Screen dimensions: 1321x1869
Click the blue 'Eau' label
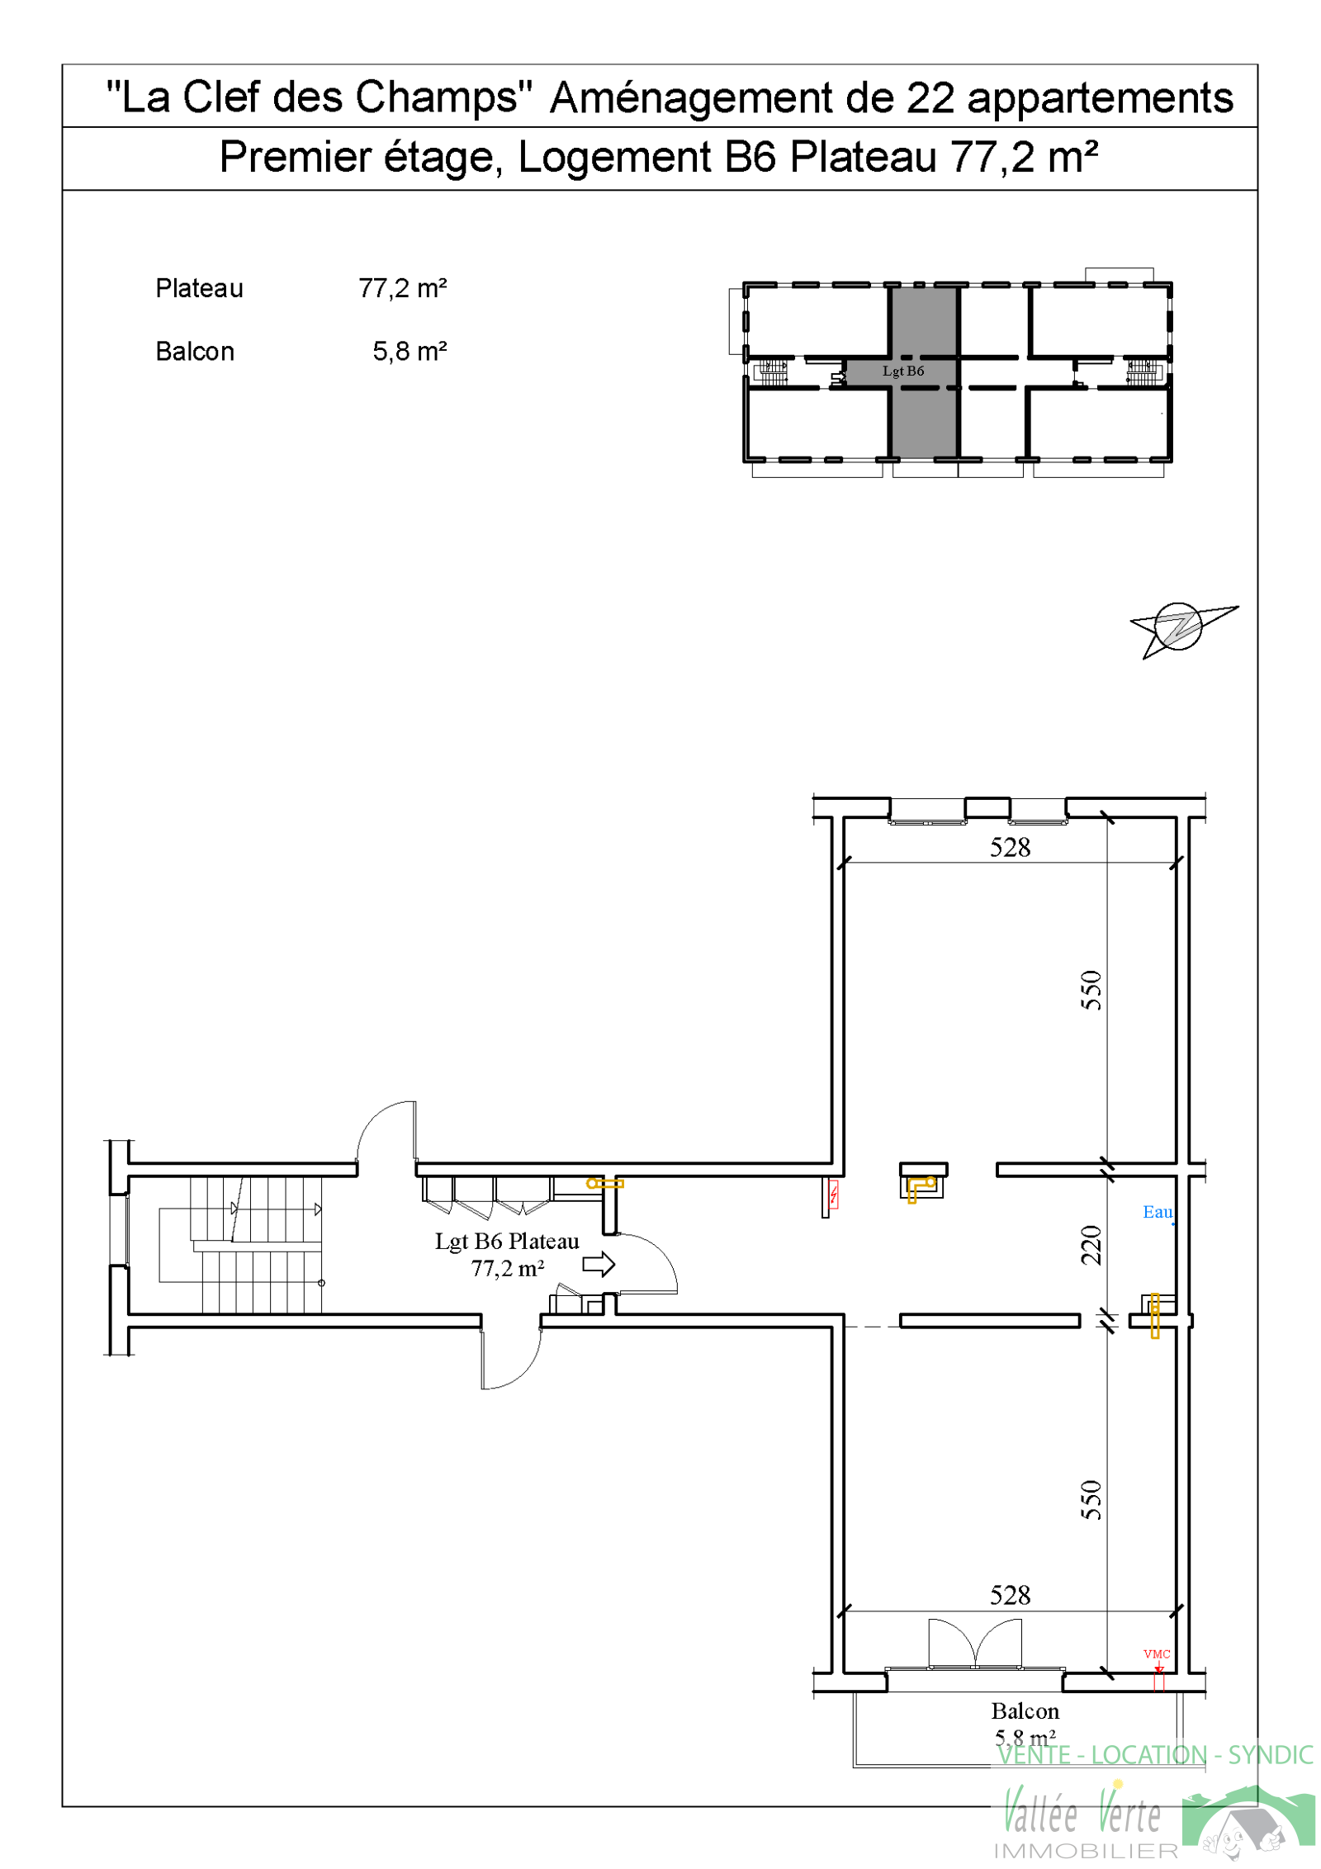(x=1157, y=1211)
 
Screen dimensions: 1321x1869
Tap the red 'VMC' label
(x=1157, y=1654)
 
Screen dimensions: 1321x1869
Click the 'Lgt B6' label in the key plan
(x=902, y=371)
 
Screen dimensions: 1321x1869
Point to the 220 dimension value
(x=1091, y=1245)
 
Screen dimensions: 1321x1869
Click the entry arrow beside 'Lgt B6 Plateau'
(x=599, y=1264)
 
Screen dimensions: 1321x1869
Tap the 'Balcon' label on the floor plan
(x=1025, y=1710)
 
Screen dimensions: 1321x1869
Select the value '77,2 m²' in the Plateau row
(x=402, y=288)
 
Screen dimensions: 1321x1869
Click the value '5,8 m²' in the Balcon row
(x=410, y=351)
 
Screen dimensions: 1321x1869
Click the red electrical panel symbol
(x=833, y=1194)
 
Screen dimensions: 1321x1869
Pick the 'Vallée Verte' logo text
(x=1082, y=1812)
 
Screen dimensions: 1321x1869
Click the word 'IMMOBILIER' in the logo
(x=1086, y=1851)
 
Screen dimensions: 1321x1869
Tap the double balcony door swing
(x=974, y=1642)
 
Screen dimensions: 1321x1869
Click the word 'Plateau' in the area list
(x=199, y=288)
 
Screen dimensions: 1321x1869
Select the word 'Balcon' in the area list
(x=195, y=351)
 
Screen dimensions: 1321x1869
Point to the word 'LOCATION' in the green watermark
(x=1148, y=1754)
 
